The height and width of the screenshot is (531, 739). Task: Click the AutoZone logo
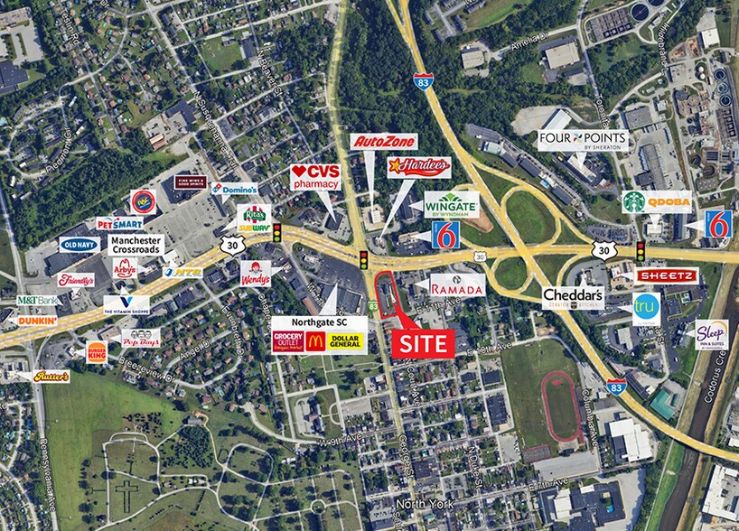click(x=384, y=142)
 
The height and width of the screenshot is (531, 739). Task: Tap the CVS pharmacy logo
click(x=314, y=177)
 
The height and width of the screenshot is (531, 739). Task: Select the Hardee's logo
click(x=418, y=166)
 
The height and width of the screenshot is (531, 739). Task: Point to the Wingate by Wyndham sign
click(x=451, y=204)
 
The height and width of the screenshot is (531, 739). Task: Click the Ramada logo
click(x=456, y=285)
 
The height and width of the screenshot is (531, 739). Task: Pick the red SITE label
click(x=425, y=342)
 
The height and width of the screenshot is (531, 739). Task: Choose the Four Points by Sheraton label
click(x=581, y=140)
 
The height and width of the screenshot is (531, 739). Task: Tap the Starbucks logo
click(x=634, y=201)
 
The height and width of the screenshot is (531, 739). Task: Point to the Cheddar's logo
click(x=573, y=297)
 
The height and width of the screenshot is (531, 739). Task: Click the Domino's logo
click(x=234, y=189)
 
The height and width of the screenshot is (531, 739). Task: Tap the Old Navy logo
click(x=80, y=244)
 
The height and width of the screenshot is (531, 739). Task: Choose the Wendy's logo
click(x=256, y=273)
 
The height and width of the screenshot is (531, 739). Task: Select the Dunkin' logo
click(x=37, y=320)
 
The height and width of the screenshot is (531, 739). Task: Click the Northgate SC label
click(x=320, y=321)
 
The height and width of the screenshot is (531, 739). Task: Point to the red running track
click(x=560, y=405)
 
